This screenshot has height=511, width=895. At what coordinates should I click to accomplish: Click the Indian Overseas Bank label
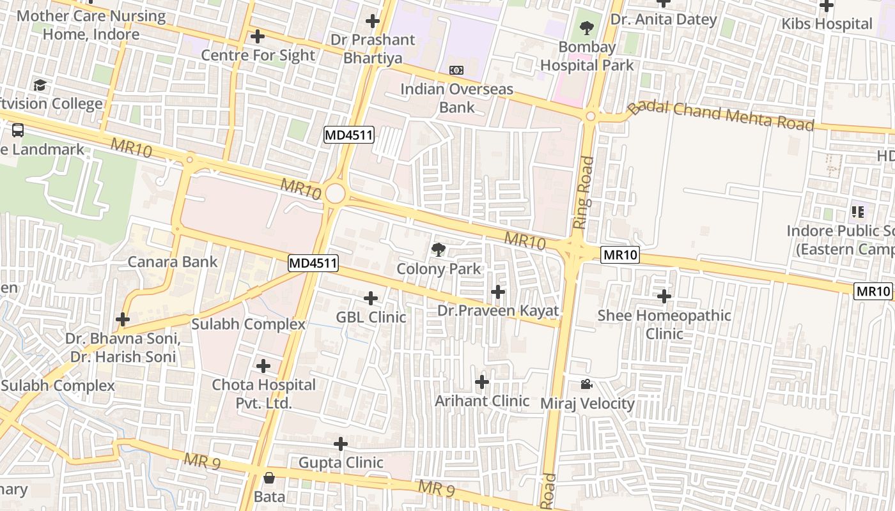[456, 98]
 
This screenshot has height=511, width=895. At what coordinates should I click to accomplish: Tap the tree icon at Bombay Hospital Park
[586, 28]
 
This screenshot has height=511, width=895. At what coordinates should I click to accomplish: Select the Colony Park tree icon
[439, 250]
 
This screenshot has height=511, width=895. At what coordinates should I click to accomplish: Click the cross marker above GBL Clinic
[371, 298]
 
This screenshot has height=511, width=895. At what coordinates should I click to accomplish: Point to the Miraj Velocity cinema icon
[586, 384]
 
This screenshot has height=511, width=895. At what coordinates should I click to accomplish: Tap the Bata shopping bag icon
[269, 478]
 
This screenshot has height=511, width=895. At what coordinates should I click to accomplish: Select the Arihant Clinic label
[482, 401]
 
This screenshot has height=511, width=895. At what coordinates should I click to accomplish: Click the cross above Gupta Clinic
[341, 443]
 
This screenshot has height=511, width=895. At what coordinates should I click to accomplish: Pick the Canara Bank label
[173, 262]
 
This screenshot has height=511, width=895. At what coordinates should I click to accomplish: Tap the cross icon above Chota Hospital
[263, 366]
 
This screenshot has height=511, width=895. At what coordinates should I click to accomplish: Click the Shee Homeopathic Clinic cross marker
[664, 296]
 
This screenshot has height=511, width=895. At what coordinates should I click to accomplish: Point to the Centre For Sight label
[258, 56]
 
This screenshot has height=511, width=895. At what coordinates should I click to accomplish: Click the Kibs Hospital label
[827, 24]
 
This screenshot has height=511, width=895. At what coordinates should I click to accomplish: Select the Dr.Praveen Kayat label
[498, 311]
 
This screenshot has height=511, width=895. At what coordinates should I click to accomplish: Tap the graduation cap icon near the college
[40, 85]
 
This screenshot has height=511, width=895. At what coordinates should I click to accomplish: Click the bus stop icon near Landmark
[18, 130]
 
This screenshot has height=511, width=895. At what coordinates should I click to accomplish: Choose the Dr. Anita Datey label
[664, 19]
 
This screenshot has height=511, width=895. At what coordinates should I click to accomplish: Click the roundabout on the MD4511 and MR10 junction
[335, 194]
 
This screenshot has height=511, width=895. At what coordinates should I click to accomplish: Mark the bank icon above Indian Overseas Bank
[456, 70]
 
